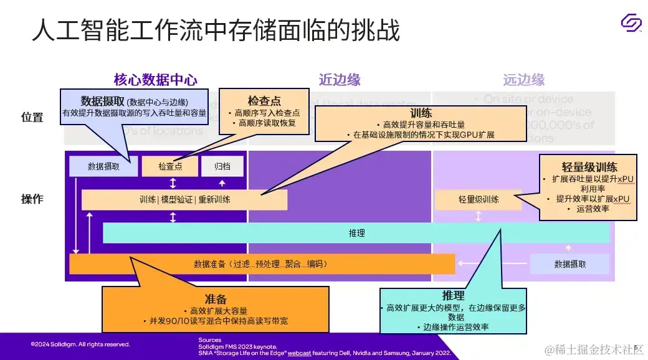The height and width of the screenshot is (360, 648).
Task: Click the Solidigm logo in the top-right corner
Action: tap(631, 24)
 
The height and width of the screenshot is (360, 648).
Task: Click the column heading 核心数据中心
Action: tap(155, 80)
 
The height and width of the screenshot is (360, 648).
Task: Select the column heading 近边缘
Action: tap(340, 80)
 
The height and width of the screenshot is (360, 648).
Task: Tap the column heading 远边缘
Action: tap(523, 80)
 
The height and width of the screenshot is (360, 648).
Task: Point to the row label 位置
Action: tap(32, 117)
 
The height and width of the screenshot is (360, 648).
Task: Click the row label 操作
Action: tap(32, 199)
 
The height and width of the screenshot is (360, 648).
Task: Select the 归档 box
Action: tap(222, 166)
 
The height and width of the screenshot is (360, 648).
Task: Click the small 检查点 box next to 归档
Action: tap(169, 166)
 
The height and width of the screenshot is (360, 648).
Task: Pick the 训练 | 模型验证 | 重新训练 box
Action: tap(184, 199)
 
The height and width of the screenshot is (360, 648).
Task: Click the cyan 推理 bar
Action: tap(356, 233)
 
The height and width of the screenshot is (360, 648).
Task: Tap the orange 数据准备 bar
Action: tap(262, 264)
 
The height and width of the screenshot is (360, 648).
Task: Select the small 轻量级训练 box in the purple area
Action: tap(479, 199)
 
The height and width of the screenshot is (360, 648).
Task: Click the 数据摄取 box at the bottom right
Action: tap(569, 264)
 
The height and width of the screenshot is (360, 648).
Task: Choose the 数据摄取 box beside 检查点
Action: tap(103, 166)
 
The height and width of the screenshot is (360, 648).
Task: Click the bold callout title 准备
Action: tap(215, 298)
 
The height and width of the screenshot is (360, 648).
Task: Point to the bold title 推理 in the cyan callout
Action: tap(453, 295)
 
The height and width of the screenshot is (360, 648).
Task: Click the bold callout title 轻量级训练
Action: tap(589, 167)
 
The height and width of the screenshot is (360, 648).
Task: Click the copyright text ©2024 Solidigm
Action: tap(80, 344)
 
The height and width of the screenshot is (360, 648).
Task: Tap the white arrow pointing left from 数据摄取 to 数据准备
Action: tap(492, 263)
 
